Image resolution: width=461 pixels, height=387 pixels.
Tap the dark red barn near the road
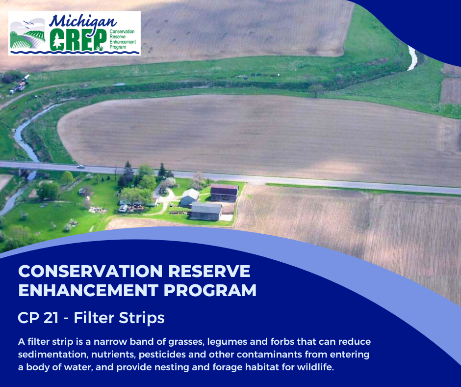[x=224, y=192]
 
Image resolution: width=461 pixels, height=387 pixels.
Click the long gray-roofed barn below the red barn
[x=206, y=211]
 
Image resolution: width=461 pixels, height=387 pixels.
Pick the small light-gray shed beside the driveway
[x=189, y=197]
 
